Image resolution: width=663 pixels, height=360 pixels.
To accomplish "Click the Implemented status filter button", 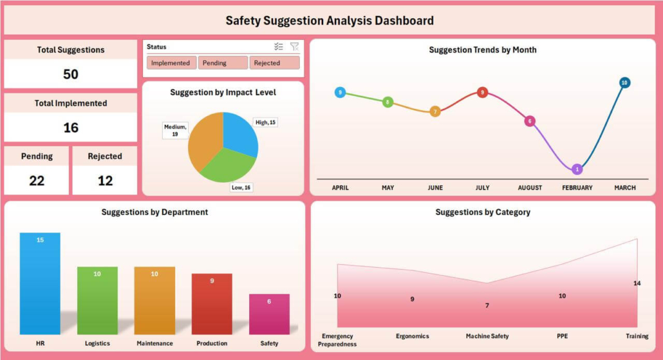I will (171, 63).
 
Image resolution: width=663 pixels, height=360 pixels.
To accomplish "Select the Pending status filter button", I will (223, 63).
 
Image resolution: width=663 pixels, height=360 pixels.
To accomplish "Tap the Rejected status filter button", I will (275, 63).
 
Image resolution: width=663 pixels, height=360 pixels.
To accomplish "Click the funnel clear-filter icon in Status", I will (294, 46).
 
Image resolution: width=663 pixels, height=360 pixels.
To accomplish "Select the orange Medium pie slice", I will (204, 142).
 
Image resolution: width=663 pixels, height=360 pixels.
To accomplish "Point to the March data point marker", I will (624, 82).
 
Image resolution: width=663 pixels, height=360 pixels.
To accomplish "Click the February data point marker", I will (577, 169).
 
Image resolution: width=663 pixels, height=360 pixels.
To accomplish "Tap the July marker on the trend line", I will (482, 92).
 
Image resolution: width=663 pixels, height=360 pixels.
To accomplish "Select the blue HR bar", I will (40, 283).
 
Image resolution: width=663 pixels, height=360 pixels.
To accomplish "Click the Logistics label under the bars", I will (97, 343).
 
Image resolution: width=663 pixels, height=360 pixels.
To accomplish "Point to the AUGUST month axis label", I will (530, 188).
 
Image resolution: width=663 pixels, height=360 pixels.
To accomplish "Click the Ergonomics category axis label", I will (412, 336).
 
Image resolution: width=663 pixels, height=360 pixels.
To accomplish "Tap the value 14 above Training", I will (637, 283).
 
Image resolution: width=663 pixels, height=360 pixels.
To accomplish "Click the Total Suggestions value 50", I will (71, 74).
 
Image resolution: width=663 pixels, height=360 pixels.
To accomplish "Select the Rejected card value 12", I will (105, 180).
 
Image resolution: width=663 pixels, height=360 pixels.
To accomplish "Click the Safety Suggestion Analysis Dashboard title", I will (329, 21).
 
